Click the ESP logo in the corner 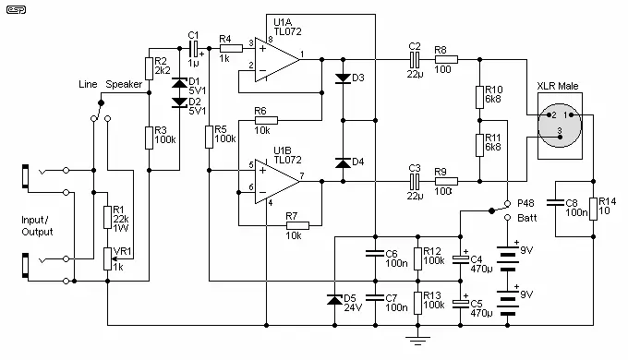(x=16, y=9)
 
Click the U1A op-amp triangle (x=277, y=60)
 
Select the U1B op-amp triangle (x=277, y=182)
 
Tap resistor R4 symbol (x=231, y=48)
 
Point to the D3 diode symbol (x=343, y=78)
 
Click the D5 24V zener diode (x=335, y=299)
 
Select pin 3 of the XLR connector (x=560, y=137)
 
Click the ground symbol (x=417, y=341)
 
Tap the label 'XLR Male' (x=558, y=86)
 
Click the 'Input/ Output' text (x=37, y=226)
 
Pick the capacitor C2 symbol (x=415, y=60)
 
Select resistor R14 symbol (x=593, y=209)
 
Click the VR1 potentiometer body (x=107, y=258)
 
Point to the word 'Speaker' (x=124, y=85)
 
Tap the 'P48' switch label (x=525, y=203)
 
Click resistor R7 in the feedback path (x=297, y=226)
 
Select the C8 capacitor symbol (x=556, y=203)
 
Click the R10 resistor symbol (x=480, y=97)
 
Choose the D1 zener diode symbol (x=179, y=83)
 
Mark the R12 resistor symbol (x=417, y=258)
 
